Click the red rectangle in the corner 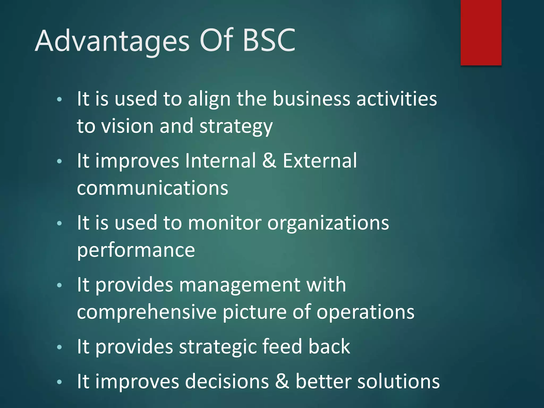481,32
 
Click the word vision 128,126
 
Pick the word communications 152,188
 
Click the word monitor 225,223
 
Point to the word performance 136,251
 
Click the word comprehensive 147,312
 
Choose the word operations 365,312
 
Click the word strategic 218,347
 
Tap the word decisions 227,382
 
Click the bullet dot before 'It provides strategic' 59,347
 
